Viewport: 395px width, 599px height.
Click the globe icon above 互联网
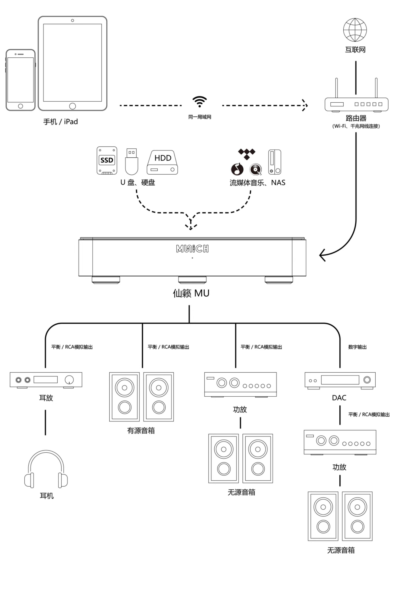point(355,30)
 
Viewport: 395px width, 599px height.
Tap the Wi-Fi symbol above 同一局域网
point(200,101)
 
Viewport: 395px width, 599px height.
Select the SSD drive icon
point(107,160)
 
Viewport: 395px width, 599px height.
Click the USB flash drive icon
point(132,162)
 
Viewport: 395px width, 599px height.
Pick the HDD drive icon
point(162,163)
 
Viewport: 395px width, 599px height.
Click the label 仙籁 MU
point(191,293)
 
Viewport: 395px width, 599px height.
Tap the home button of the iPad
point(73,106)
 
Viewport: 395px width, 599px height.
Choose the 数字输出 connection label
point(357,347)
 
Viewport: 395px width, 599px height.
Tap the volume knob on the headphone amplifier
point(69,380)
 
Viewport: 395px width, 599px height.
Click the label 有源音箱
point(141,431)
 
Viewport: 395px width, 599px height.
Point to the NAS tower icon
point(275,162)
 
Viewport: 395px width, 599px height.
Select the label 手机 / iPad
point(61,122)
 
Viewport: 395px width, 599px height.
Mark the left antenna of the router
point(336,88)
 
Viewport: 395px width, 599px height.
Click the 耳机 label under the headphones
point(47,496)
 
